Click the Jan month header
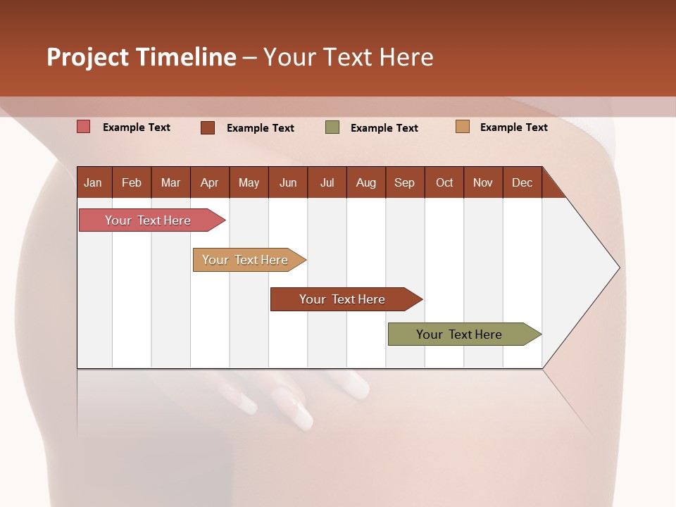click(94, 182)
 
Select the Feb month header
click(132, 182)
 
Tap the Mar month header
click(170, 182)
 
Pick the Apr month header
click(210, 182)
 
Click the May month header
click(249, 182)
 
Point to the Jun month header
click(288, 182)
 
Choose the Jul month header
click(327, 182)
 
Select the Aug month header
click(366, 182)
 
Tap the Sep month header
click(405, 182)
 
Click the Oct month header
click(444, 182)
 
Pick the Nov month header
click(483, 182)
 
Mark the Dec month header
click(522, 182)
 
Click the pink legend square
click(83, 127)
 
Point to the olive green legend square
click(332, 127)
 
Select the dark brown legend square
click(208, 127)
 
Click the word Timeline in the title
click(186, 57)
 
